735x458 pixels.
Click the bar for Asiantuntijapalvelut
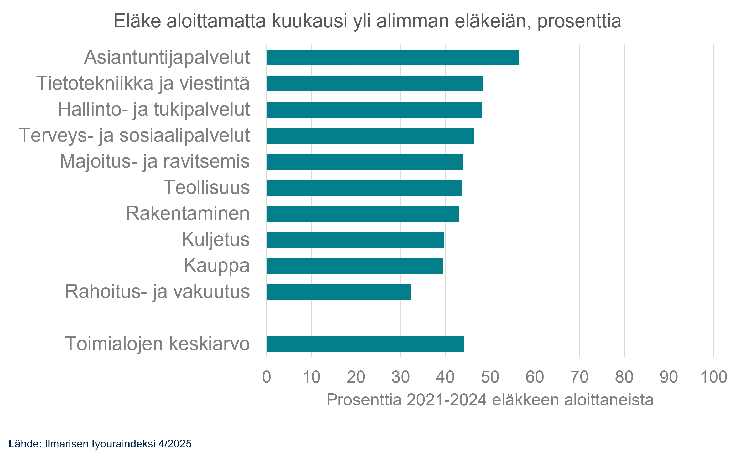392,58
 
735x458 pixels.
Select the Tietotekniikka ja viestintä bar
375,84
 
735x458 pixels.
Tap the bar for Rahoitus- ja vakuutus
339,292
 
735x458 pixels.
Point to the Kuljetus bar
355,240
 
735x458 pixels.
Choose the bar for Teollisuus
364,188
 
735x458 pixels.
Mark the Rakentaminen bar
363,214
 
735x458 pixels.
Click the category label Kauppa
216,266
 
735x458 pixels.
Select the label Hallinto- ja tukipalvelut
153,109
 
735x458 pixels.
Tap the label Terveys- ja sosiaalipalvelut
134,135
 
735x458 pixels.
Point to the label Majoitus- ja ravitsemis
155,161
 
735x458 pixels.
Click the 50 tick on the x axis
490,377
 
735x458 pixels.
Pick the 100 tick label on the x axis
713,377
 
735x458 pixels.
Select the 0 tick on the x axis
267,377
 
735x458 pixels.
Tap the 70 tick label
579,377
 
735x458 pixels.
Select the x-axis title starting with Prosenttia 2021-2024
490,400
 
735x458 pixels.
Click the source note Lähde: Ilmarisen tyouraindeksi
100,444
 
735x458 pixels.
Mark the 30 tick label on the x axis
401,377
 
